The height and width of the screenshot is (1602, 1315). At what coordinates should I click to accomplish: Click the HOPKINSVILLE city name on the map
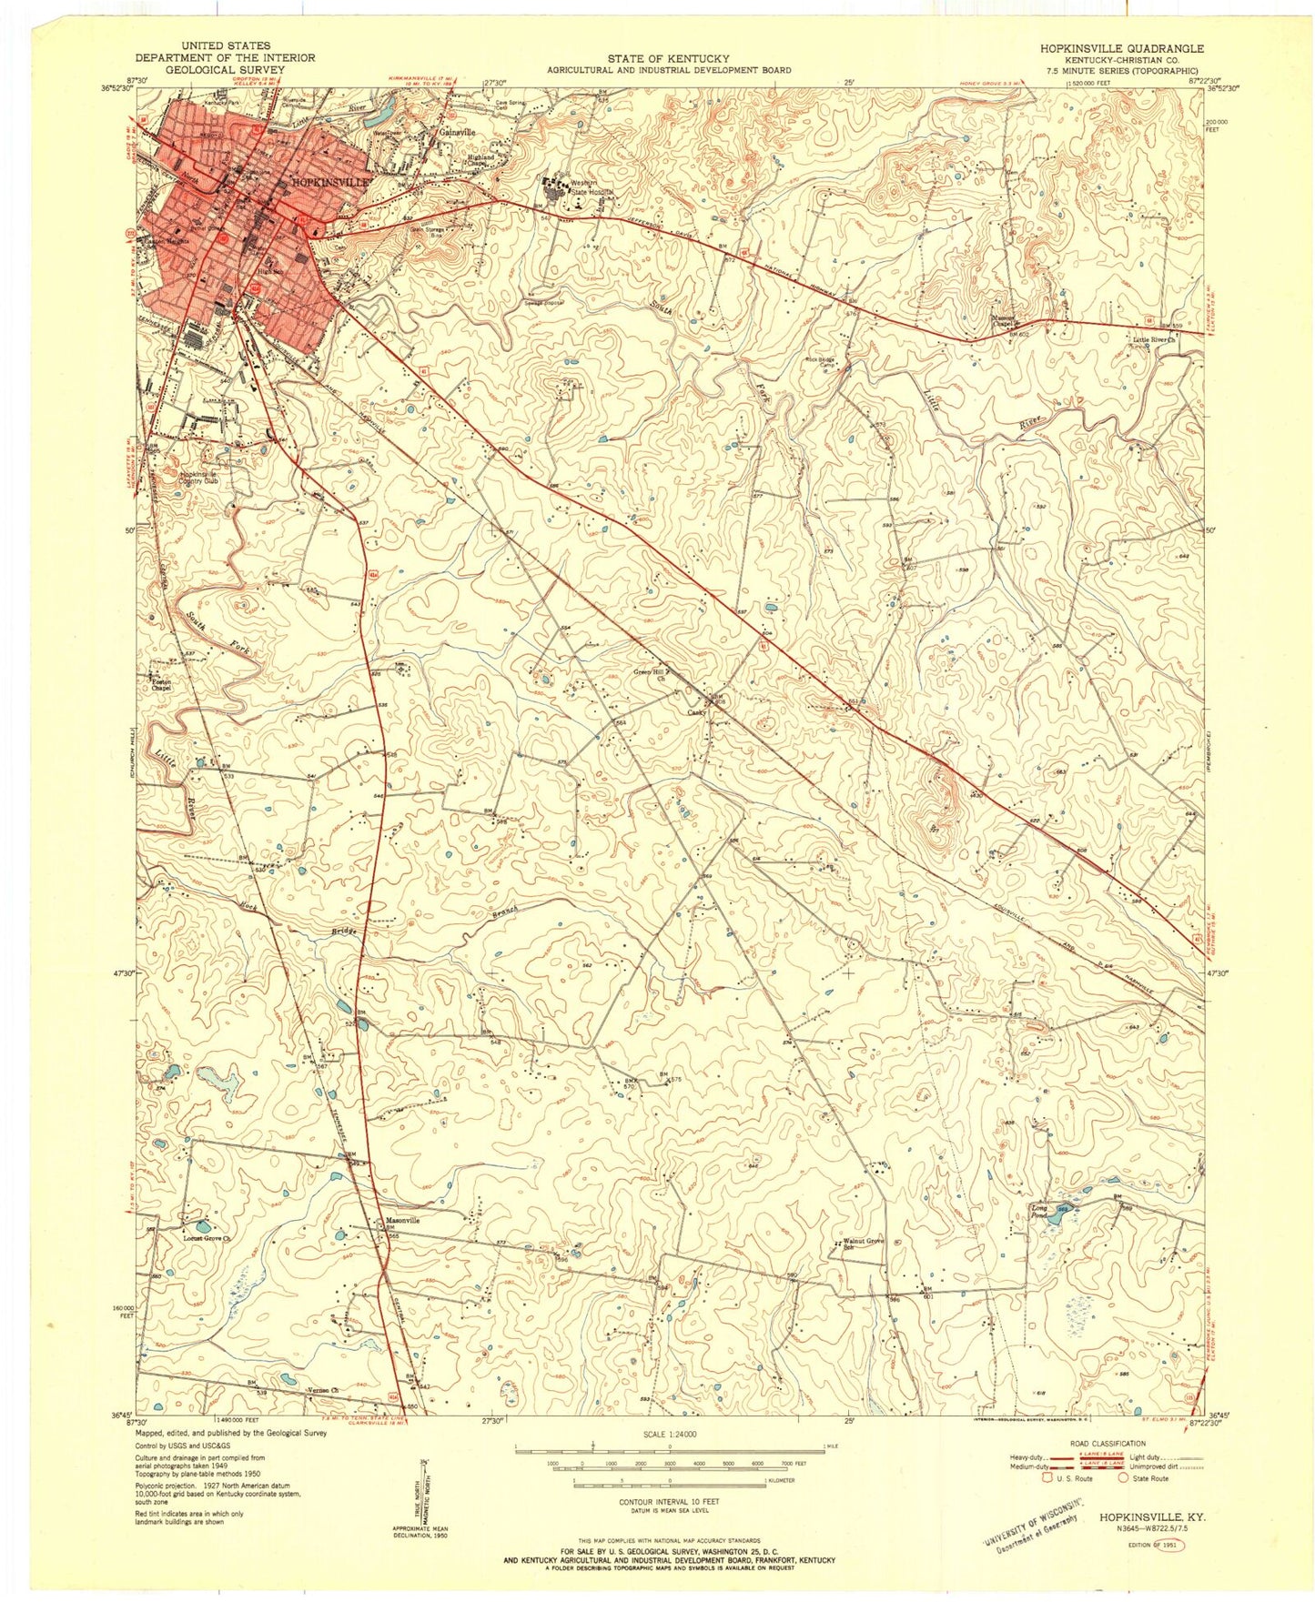click(332, 182)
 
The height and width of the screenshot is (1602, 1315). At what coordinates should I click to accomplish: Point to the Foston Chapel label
click(161, 684)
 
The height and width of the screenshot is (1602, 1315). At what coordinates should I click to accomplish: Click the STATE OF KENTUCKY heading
click(668, 56)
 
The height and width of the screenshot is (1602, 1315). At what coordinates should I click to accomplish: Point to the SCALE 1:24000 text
click(670, 1435)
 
